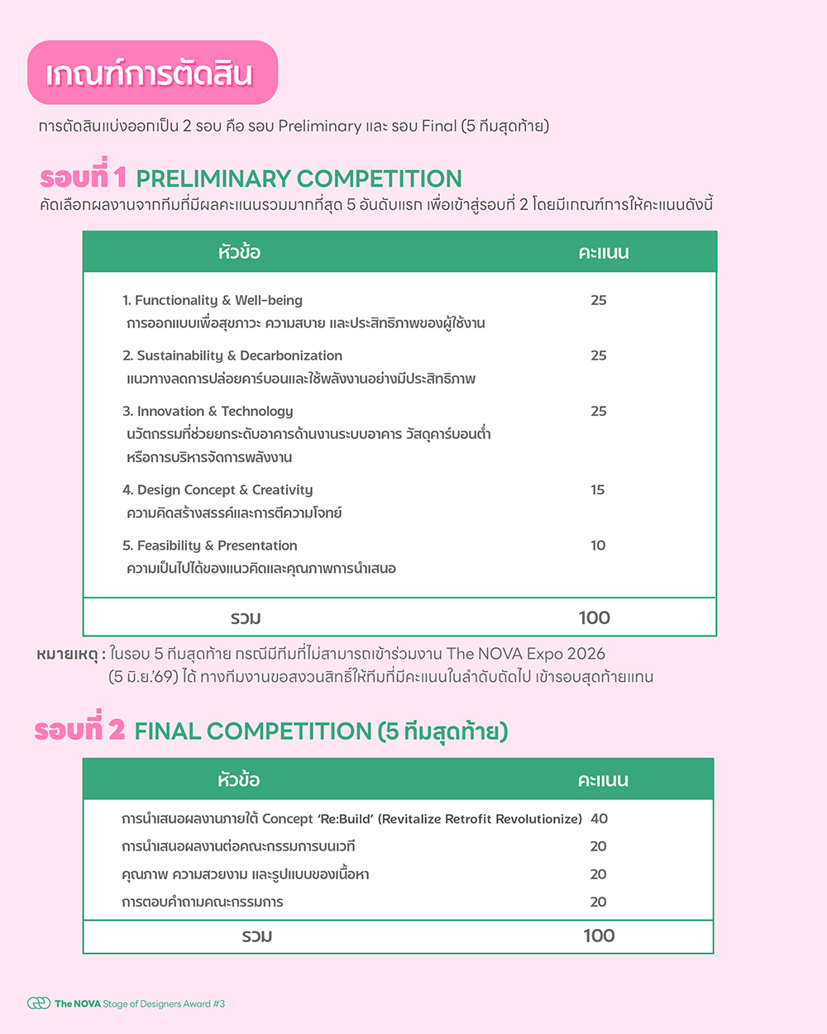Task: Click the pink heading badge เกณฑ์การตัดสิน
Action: (x=152, y=74)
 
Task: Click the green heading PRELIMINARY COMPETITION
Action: (x=299, y=179)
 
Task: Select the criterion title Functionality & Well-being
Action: (x=213, y=300)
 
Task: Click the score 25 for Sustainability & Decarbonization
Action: (x=598, y=355)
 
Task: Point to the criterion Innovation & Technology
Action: (x=208, y=411)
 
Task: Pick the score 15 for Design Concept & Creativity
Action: (x=597, y=489)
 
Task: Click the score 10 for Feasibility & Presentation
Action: (x=597, y=546)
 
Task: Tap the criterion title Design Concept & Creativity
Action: (x=218, y=489)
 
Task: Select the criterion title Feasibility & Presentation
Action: (x=209, y=546)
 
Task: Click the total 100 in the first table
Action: (x=594, y=617)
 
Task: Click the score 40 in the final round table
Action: (x=599, y=818)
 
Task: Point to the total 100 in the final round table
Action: (x=599, y=936)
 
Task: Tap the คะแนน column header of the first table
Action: (x=603, y=252)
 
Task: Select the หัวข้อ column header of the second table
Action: (x=238, y=779)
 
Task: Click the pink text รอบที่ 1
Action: (x=83, y=178)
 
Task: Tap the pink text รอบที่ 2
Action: (x=79, y=730)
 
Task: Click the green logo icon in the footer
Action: (x=39, y=1003)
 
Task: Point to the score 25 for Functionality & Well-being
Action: (x=598, y=300)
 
